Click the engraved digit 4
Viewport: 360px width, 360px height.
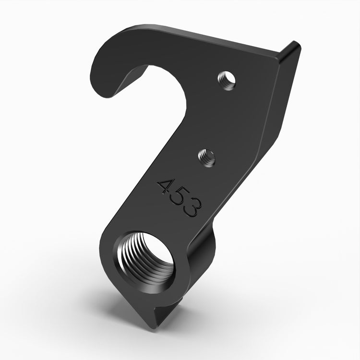click(166, 186)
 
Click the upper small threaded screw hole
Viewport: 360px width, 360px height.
click(226, 80)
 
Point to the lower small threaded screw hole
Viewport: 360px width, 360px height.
click(207, 157)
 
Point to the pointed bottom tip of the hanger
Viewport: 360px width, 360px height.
click(153, 324)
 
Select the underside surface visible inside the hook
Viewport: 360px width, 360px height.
click(134, 77)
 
